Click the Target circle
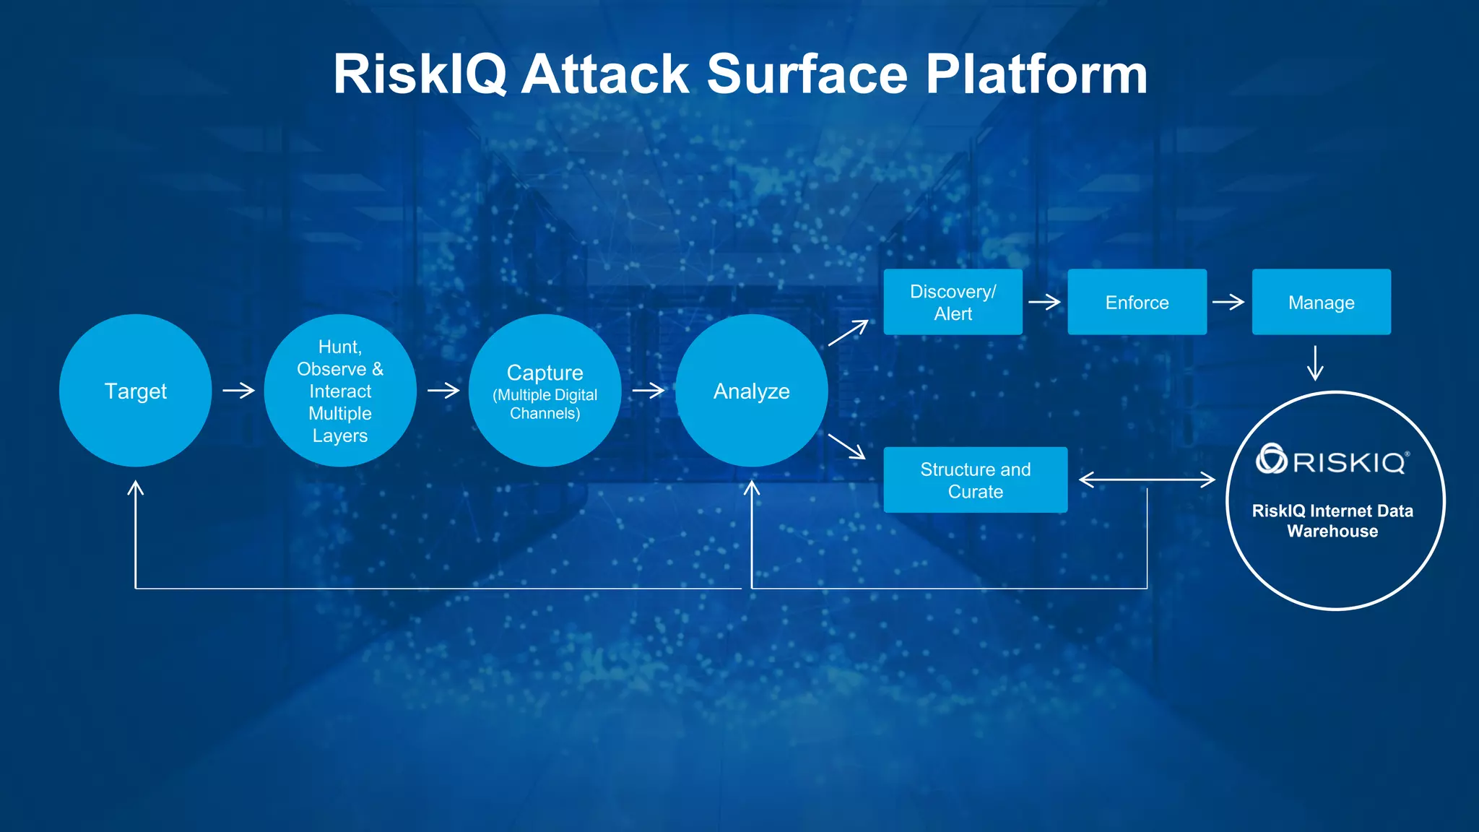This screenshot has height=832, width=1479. pyautogui.click(x=135, y=391)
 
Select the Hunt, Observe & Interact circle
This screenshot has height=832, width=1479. pyautogui.click(x=340, y=391)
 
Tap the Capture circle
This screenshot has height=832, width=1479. pyautogui.click(x=545, y=391)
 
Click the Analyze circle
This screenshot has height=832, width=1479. pyautogui.click(x=751, y=391)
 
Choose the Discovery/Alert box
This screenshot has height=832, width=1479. pyautogui.click(x=953, y=302)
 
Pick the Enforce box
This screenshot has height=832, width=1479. pyautogui.click(x=1137, y=302)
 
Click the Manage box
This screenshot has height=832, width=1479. pyautogui.click(x=1321, y=302)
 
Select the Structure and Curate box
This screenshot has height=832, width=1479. pyautogui.click(x=975, y=480)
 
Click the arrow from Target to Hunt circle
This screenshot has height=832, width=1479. pyautogui.click(x=238, y=391)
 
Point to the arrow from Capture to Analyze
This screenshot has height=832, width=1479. pyautogui.click(x=648, y=391)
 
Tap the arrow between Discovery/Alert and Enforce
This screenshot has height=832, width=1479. pyautogui.click(x=1044, y=302)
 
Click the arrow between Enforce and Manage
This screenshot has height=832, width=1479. pyautogui.click(x=1228, y=302)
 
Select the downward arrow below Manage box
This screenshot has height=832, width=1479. pyautogui.click(x=1315, y=363)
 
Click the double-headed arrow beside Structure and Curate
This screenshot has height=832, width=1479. pyautogui.click(x=1147, y=480)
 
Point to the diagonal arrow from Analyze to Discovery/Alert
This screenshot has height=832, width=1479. pyautogui.click(x=848, y=333)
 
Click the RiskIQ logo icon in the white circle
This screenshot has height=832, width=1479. pyautogui.click(x=1271, y=459)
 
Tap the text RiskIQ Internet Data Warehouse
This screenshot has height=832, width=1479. pyautogui.click(x=1332, y=521)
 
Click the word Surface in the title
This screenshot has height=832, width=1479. pyautogui.click(x=807, y=74)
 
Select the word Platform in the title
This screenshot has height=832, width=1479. pyautogui.click(x=1036, y=74)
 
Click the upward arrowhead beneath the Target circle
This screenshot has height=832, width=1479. pyautogui.click(x=136, y=490)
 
